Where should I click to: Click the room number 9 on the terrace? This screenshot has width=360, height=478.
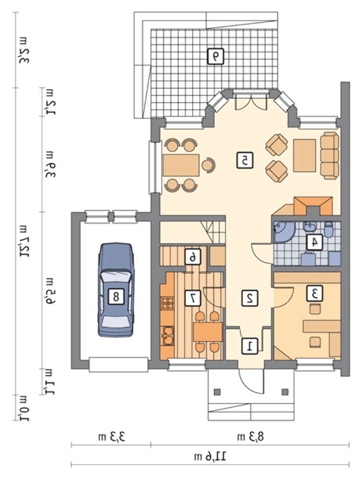click(215, 56)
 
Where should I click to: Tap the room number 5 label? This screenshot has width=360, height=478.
click(244, 161)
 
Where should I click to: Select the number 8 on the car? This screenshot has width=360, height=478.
click(116, 296)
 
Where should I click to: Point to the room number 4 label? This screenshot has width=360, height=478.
click(314, 242)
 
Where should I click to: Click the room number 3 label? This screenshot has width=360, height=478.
click(315, 293)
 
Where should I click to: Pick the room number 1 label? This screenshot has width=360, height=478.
click(250, 346)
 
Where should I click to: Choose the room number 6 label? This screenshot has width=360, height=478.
click(193, 257)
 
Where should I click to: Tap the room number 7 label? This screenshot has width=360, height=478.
click(193, 298)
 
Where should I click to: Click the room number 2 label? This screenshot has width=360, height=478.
click(250, 298)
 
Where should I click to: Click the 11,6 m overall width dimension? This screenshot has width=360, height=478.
click(210, 456)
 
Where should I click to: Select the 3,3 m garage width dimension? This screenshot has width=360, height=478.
click(111, 437)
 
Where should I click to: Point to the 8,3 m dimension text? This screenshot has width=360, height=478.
click(251, 437)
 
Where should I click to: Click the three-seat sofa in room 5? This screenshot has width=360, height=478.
click(329, 155)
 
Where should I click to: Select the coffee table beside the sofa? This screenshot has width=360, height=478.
click(305, 155)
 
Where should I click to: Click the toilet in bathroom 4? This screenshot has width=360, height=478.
click(328, 229)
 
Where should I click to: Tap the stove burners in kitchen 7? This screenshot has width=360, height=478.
click(167, 304)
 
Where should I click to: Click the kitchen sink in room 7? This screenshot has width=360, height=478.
click(168, 336)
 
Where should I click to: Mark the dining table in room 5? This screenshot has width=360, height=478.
click(181, 165)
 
